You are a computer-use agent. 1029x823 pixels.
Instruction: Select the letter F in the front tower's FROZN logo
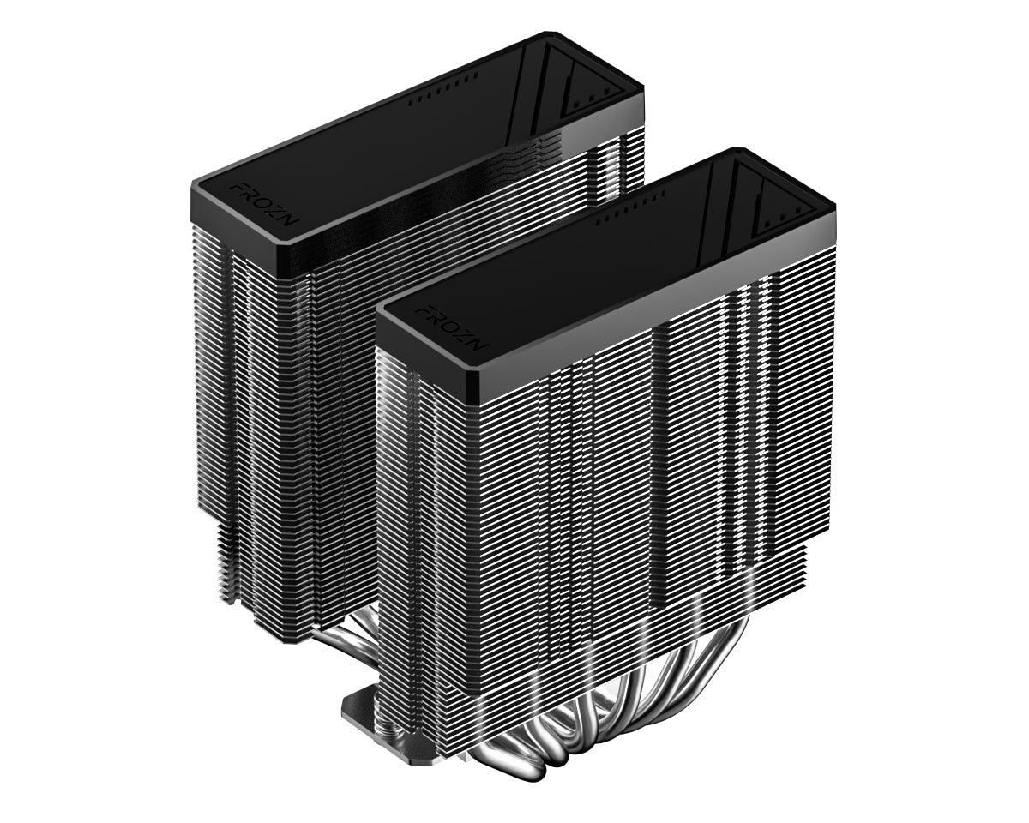pos(424,310)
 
